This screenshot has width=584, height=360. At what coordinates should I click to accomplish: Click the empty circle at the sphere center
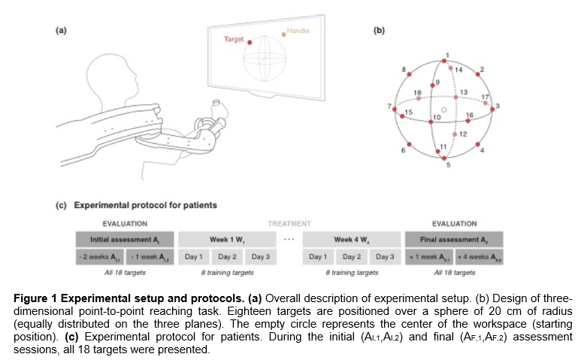pyautogui.click(x=444, y=110)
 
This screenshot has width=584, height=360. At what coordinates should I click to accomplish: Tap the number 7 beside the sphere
pyautogui.click(x=388, y=105)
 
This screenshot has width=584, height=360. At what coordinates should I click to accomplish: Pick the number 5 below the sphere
pyautogui.click(x=449, y=165)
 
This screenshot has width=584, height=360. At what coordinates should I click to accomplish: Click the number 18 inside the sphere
pyautogui.click(x=418, y=94)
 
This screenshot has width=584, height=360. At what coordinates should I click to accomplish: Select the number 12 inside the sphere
pyautogui.click(x=464, y=135)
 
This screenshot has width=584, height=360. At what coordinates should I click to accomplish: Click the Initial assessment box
pyautogui.click(x=125, y=239)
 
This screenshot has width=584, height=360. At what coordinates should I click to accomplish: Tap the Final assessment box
pyautogui.click(x=454, y=239)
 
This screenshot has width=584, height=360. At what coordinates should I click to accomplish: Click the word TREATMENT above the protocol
pyautogui.click(x=289, y=223)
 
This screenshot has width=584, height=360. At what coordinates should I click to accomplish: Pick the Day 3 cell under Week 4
pyautogui.click(x=385, y=256)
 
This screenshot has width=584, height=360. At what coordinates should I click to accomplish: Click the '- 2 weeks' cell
pyautogui.click(x=100, y=256)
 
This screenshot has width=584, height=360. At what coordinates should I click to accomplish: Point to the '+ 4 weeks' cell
pyautogui.click(x=480, y=256)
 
